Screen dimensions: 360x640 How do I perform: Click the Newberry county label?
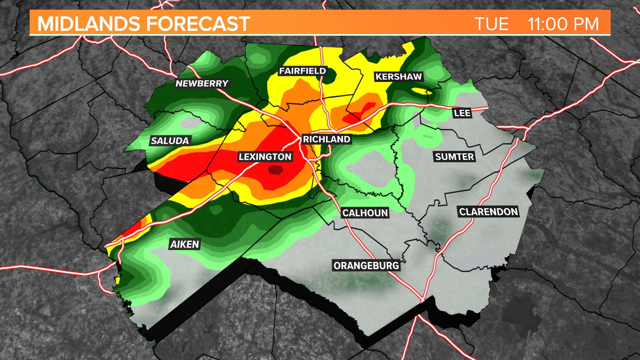point(202,83)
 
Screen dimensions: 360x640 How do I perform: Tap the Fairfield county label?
point(302,71)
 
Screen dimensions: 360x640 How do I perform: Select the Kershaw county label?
point(399,77)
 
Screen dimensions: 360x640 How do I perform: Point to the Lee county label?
point(462,113)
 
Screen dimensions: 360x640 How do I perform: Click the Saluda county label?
point(170,141)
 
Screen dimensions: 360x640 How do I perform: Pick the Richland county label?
point(326,139)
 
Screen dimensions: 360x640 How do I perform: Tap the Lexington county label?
point(265,157)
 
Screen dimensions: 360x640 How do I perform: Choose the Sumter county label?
point(454,157)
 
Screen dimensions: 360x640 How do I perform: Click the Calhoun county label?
point(365,213)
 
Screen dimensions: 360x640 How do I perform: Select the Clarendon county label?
point(488,212)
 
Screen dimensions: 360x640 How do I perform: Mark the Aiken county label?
point(185,244)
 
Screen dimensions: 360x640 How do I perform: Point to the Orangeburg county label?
point(366,266)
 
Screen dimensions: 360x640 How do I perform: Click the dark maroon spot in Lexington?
point(276,170)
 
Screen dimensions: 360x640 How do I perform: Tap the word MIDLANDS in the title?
point(89,24)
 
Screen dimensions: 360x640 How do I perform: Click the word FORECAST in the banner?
point(198,24)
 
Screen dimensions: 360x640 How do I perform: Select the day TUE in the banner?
point(491,24)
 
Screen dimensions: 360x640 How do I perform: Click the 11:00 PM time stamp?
point(563,24)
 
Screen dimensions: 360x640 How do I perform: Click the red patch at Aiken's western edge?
point(135,228)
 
